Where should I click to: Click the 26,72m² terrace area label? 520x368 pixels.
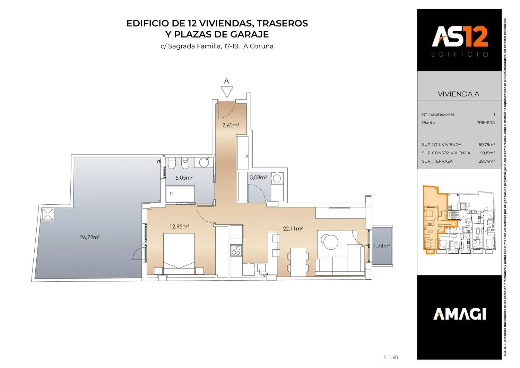89,237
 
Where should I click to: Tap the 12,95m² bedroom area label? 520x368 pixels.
179,226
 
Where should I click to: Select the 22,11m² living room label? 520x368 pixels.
293,229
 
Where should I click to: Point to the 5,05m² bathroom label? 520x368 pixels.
184,178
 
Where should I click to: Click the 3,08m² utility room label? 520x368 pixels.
258,178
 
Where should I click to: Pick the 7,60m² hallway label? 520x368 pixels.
231,126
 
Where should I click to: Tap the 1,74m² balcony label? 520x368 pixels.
382,246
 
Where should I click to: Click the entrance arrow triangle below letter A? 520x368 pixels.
227,92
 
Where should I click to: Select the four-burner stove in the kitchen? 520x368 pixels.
236,250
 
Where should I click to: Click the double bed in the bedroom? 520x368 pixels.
179,254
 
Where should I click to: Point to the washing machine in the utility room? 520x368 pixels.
277,178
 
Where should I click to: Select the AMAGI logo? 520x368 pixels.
459,314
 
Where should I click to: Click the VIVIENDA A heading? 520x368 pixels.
459,94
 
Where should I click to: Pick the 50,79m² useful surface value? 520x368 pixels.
487,145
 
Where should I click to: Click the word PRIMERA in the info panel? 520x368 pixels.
486,123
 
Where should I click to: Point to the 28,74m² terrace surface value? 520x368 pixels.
487,161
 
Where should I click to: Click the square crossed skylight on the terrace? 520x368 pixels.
47,214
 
